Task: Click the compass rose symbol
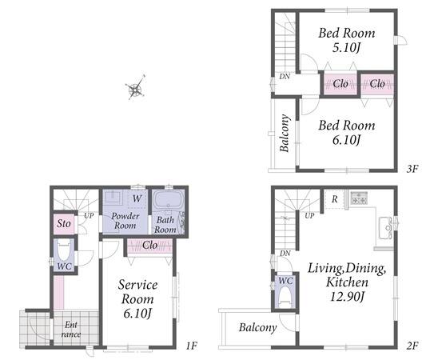tap(135, 87)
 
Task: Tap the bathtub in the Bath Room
tap(168, 201)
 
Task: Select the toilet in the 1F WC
tap(64, 251)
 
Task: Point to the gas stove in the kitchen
tap(359, 198)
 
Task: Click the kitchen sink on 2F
tap(385, 228)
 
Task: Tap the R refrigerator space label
tap(334, 199)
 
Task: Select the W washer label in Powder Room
tap(137, 198)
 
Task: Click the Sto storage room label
tap(64, 223)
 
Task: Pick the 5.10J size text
tap(346, 48)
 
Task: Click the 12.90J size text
tap(347, 296)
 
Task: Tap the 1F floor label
tap(191, 346)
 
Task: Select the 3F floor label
tap(412, 169)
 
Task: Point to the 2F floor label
tap(412, 346)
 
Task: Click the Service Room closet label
tap(149, 245)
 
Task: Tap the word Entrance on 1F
tap(71, 329)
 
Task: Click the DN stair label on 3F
tap(285, 77)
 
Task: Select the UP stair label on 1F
tap(89, 216)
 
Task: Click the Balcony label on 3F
tap(285, 133)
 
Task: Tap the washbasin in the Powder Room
tap(113, 197)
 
